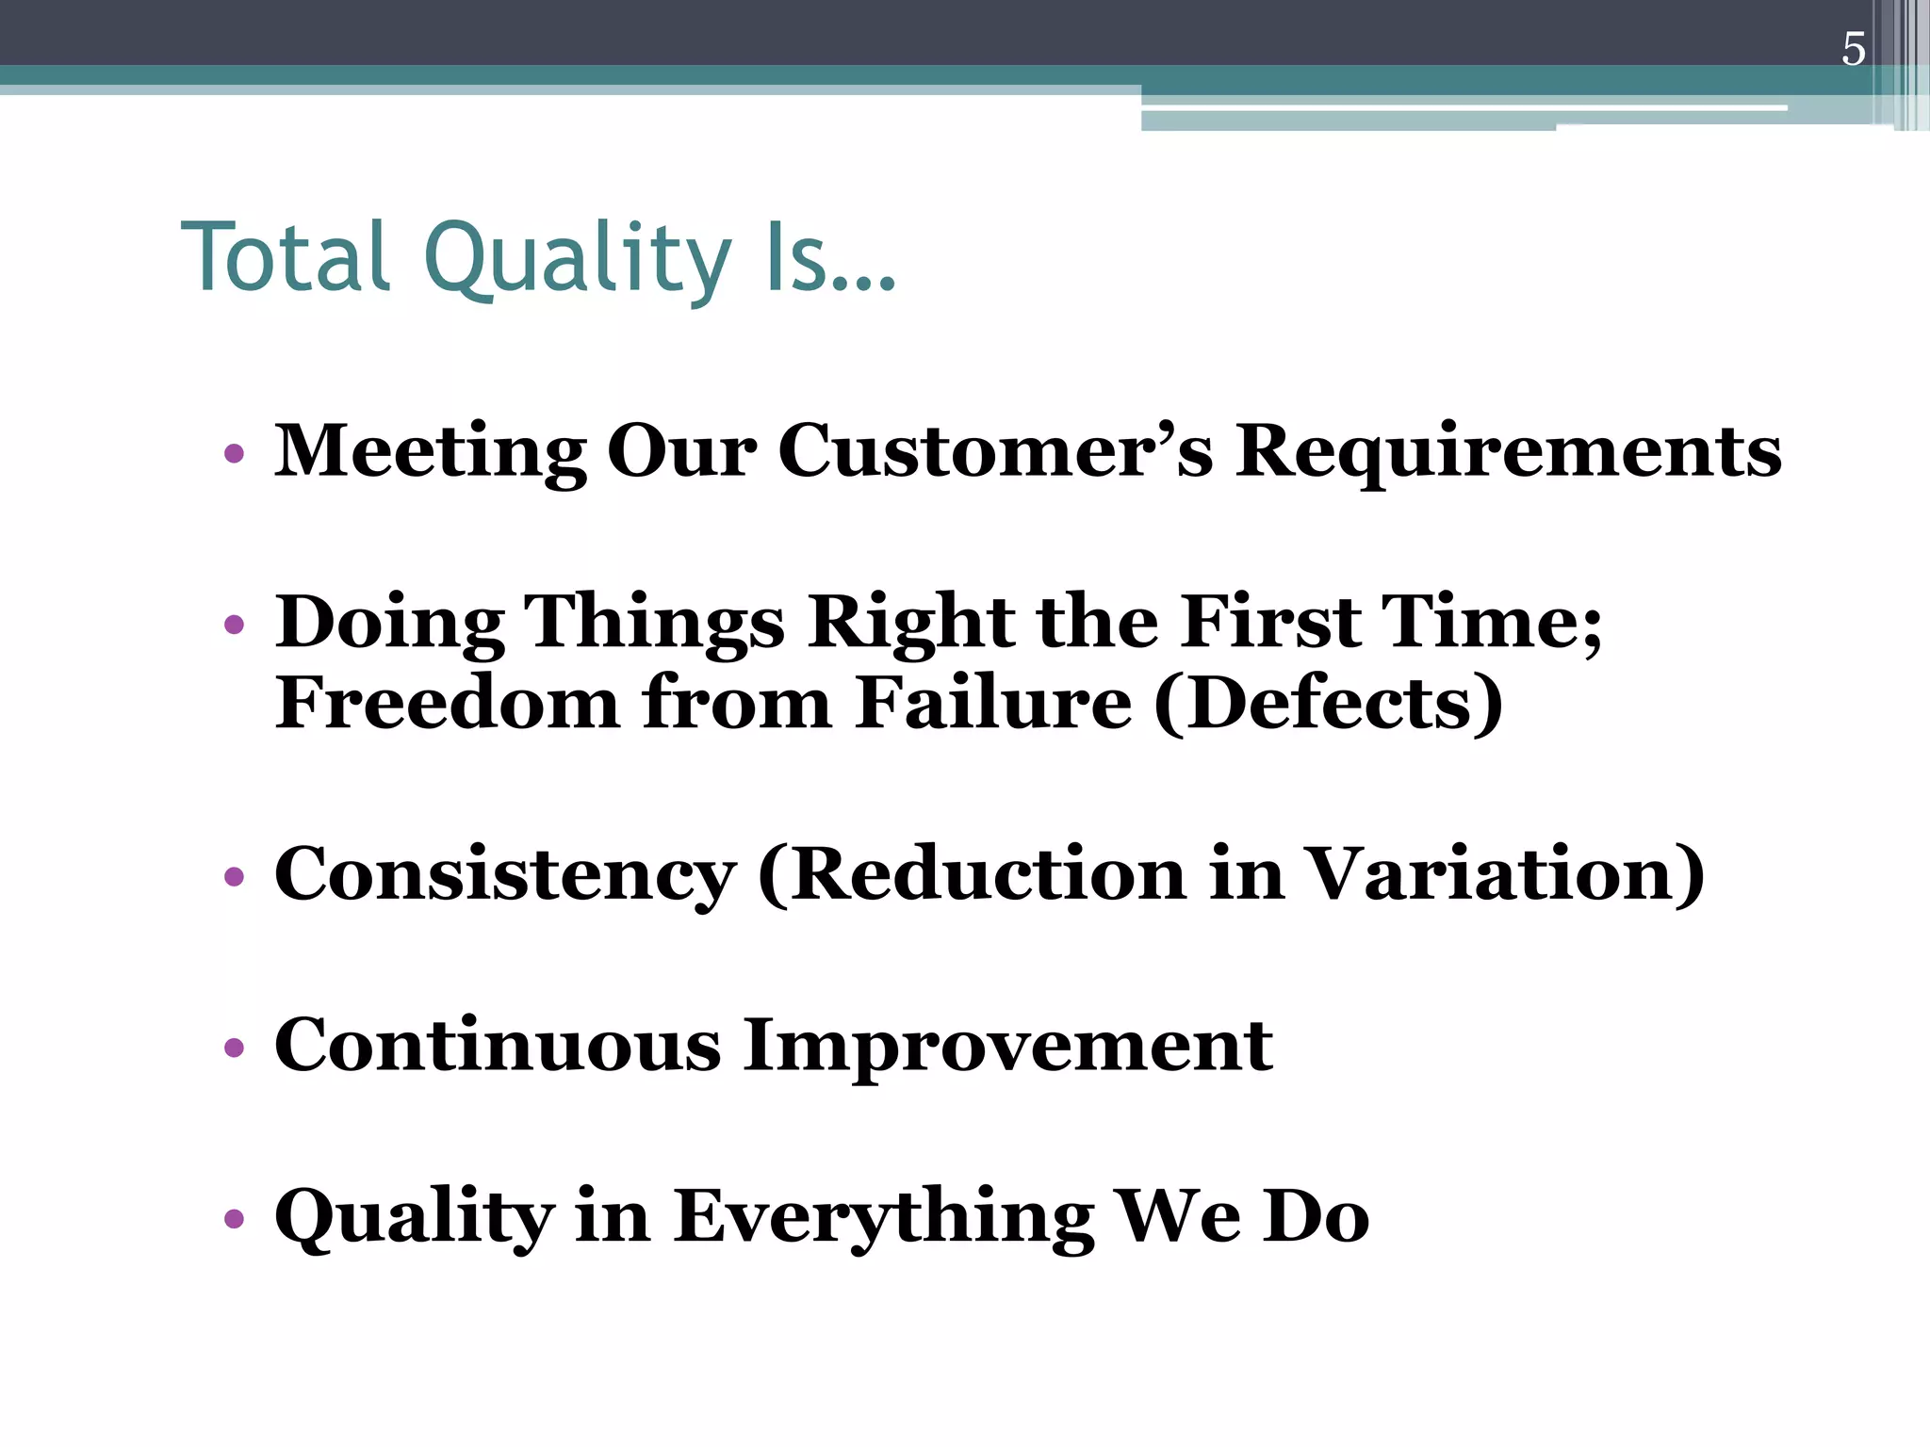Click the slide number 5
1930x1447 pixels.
pos(1853,50)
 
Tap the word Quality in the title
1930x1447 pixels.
pos(577,257)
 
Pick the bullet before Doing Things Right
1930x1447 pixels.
pos(235,625)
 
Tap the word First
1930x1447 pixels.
pos(1270,622)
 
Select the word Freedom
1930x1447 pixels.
pos(447,703)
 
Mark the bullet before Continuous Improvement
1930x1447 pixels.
pos(235,1048)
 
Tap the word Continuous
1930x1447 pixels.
pos(498,1046)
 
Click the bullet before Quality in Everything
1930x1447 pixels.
pos(235,1219)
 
